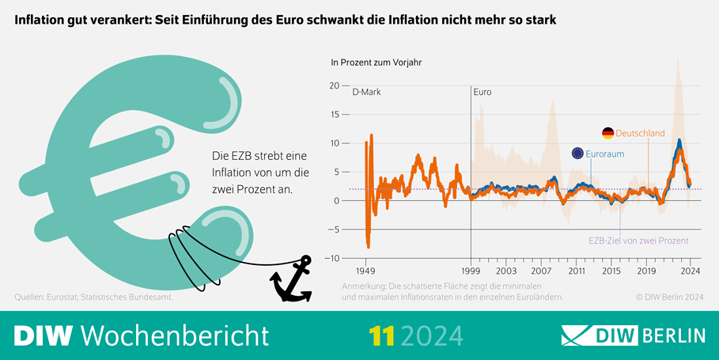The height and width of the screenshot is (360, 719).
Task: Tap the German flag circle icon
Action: (607, 134)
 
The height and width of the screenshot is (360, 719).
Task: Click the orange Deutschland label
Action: (640, 134)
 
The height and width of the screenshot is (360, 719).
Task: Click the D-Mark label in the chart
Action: (366, 92)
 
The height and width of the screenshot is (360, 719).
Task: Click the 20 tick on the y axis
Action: (334, 86)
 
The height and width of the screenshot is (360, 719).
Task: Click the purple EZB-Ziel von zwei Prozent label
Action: (639, 241)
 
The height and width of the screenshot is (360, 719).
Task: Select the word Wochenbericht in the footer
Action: (175, 335)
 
